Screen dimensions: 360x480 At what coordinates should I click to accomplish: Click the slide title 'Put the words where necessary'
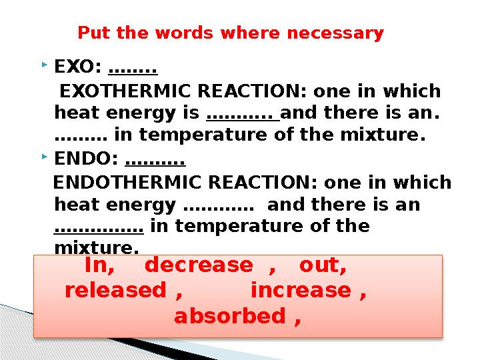coord(231,33)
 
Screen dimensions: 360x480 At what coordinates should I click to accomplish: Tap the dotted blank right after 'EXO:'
coord(132,69)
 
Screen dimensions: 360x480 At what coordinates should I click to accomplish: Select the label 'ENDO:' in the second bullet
coord(86,159)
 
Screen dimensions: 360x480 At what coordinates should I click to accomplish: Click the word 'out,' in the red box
coord(323,266)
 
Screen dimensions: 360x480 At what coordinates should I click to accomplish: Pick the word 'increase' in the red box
coord(301,291)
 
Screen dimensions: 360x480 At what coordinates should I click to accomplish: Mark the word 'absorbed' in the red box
coord(229,316)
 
